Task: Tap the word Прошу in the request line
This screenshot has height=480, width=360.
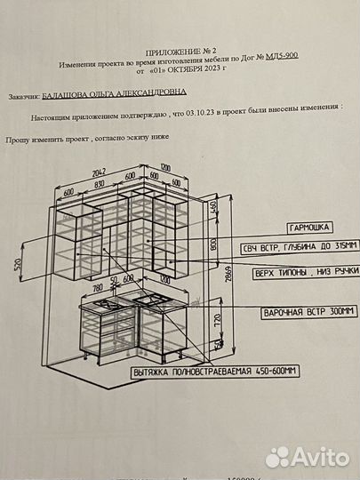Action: (18, 140)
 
